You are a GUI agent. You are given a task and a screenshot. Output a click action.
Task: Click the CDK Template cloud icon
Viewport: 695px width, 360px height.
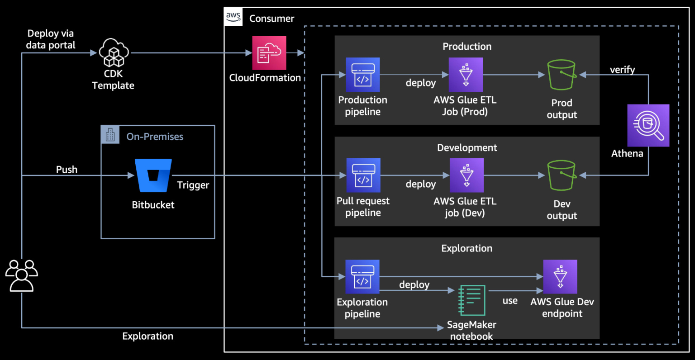(114, 53)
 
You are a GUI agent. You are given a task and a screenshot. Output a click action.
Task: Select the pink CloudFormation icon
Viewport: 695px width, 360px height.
(269, 53)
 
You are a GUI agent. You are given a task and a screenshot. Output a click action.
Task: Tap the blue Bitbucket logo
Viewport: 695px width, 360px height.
(153, 175)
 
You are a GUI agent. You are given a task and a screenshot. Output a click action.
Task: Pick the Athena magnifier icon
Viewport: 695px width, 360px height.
(648, 125)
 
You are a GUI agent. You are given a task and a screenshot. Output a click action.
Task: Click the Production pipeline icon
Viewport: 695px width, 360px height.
(362, 75)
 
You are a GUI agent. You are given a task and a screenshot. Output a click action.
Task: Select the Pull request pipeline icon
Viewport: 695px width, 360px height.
(363, 175)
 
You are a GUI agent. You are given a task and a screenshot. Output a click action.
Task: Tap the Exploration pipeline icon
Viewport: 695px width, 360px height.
(362, 277)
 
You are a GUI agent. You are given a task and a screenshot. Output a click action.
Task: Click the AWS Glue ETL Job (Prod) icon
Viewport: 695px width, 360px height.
(466, 75)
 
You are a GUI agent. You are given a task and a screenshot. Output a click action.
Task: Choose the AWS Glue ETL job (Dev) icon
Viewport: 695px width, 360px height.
(467, 175)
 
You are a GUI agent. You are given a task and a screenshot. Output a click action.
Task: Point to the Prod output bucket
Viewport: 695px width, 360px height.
(562, 75)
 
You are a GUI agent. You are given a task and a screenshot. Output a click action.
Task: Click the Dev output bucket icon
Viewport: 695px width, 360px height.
(562, 175)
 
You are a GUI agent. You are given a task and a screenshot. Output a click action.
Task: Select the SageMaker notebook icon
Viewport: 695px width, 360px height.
(472, 300)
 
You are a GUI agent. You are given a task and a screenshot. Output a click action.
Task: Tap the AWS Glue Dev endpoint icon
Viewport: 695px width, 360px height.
(560, 277)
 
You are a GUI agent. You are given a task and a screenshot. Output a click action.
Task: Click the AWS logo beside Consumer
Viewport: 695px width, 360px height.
(233, 17)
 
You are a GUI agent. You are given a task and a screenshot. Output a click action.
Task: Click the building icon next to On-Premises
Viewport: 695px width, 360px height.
(110, 135)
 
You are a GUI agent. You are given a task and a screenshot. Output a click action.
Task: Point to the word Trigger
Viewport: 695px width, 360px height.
(193, 185)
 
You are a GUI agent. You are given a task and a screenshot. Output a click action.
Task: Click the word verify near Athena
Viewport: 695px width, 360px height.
(622, 70)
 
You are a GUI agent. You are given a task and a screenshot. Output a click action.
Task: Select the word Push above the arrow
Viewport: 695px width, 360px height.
(67, 170)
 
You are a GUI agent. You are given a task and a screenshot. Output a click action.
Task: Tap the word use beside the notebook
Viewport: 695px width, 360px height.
(510, 301)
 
